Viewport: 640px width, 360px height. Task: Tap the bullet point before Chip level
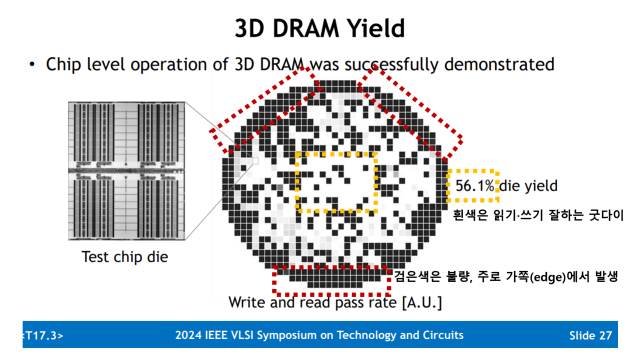coord(33,65)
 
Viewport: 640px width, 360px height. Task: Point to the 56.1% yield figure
coord(476,186)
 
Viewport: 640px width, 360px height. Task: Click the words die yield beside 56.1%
coord(531,186)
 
